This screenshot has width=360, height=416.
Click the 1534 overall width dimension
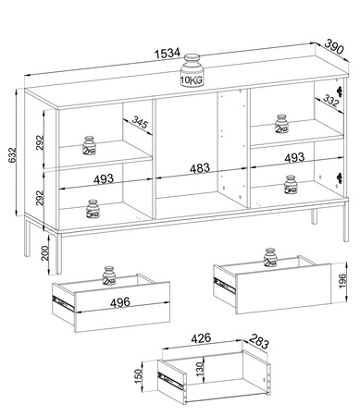point(168,53)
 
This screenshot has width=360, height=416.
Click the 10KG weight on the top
point(192,71)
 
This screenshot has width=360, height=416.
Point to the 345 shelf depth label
point(141,122)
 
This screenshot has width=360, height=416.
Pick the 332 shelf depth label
point(331,101)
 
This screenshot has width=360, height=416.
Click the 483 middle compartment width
point(200,168)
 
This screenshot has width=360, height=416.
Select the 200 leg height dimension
point(45,253)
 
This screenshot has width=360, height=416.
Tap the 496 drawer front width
point(120,302)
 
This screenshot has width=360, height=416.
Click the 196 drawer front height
point(343,281)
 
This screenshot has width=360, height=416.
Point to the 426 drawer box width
point(201,338)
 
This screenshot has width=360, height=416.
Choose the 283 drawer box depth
point(259,341)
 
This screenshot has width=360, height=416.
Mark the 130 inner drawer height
point(200,369)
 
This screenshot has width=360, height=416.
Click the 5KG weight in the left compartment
point(93,209)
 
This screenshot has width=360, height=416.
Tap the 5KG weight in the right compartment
point(291,185)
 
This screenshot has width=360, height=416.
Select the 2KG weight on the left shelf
point(90,145)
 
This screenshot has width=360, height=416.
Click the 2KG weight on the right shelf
point(281,124)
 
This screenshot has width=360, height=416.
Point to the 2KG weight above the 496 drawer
point(109,275)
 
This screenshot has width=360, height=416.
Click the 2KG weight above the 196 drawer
point(270,257)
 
